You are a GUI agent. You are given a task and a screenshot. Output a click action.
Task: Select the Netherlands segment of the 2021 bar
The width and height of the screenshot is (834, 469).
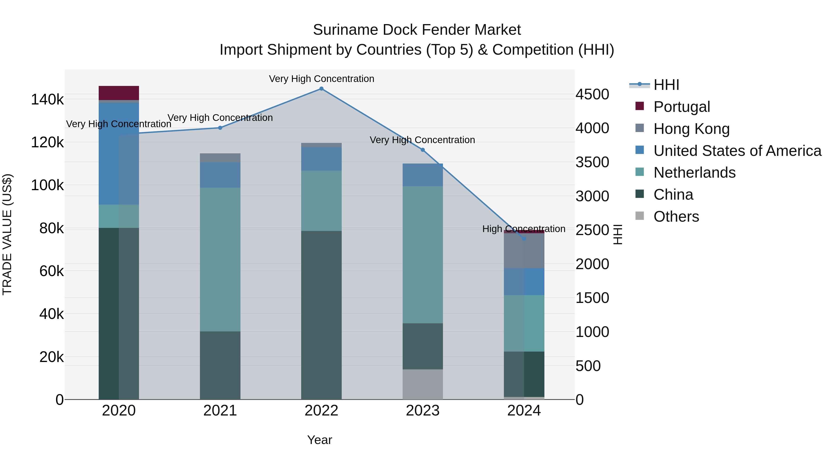coord(220,259)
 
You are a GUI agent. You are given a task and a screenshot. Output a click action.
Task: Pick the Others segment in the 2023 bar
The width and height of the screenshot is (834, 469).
coord(423,384)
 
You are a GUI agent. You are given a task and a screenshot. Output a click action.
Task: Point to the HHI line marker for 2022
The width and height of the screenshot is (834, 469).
coord(321,89)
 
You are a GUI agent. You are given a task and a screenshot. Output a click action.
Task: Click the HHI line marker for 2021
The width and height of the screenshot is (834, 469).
coord(220,128)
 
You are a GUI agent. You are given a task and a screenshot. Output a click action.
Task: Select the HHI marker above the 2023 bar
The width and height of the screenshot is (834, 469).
coord(423,150)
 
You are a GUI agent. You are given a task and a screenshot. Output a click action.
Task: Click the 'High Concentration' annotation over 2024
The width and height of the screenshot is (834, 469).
coord(524,229)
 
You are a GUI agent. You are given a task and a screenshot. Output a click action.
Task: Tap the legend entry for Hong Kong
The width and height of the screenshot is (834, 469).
coord(691,129)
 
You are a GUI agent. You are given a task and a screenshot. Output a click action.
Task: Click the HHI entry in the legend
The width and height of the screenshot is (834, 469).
coord(666,85)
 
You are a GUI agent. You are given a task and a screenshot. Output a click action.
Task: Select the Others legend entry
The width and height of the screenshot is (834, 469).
coord(676,217)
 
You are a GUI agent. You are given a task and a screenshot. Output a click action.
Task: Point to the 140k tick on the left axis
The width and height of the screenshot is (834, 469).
coord(47,99)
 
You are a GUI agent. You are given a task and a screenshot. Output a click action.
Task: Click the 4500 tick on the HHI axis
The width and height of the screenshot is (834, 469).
coord(592,94)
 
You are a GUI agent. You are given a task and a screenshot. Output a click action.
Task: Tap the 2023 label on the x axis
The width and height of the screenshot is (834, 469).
coord(423,411)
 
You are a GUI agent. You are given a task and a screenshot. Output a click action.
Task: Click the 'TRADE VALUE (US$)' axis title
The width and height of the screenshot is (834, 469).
coord(7,234)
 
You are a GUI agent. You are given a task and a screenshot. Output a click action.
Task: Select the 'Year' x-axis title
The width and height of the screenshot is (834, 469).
coord(319,440)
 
